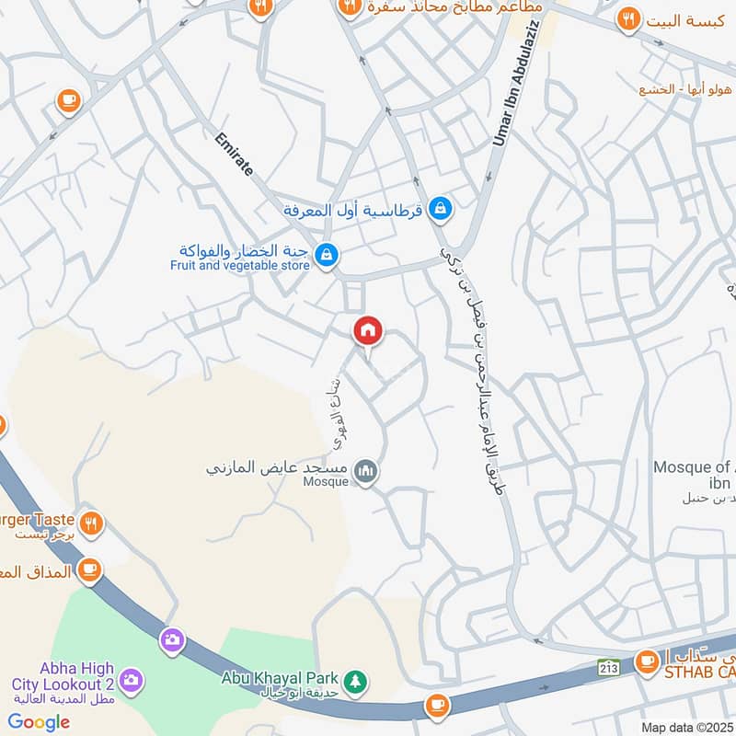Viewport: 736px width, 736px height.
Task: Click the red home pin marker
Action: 368,330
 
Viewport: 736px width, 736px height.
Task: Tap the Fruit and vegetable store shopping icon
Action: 325,253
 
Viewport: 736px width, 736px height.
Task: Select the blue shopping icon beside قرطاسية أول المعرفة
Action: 441,210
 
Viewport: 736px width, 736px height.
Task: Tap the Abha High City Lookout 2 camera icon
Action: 131,679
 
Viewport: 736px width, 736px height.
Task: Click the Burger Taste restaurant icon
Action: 90,523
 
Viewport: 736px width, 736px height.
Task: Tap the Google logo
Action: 40,722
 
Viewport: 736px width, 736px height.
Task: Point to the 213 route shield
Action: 607,664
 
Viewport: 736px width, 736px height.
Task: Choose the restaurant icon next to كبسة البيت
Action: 628,17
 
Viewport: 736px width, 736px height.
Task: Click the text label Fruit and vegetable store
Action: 239,266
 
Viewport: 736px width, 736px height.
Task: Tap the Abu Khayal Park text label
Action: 280,677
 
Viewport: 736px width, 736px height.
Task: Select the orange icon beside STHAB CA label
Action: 647,661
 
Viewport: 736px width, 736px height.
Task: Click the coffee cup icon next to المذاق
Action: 89,570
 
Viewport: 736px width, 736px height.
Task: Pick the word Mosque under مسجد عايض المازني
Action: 327,481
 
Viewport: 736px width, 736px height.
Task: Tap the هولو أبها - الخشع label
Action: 685,89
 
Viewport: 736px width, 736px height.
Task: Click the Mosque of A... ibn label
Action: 695,475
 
